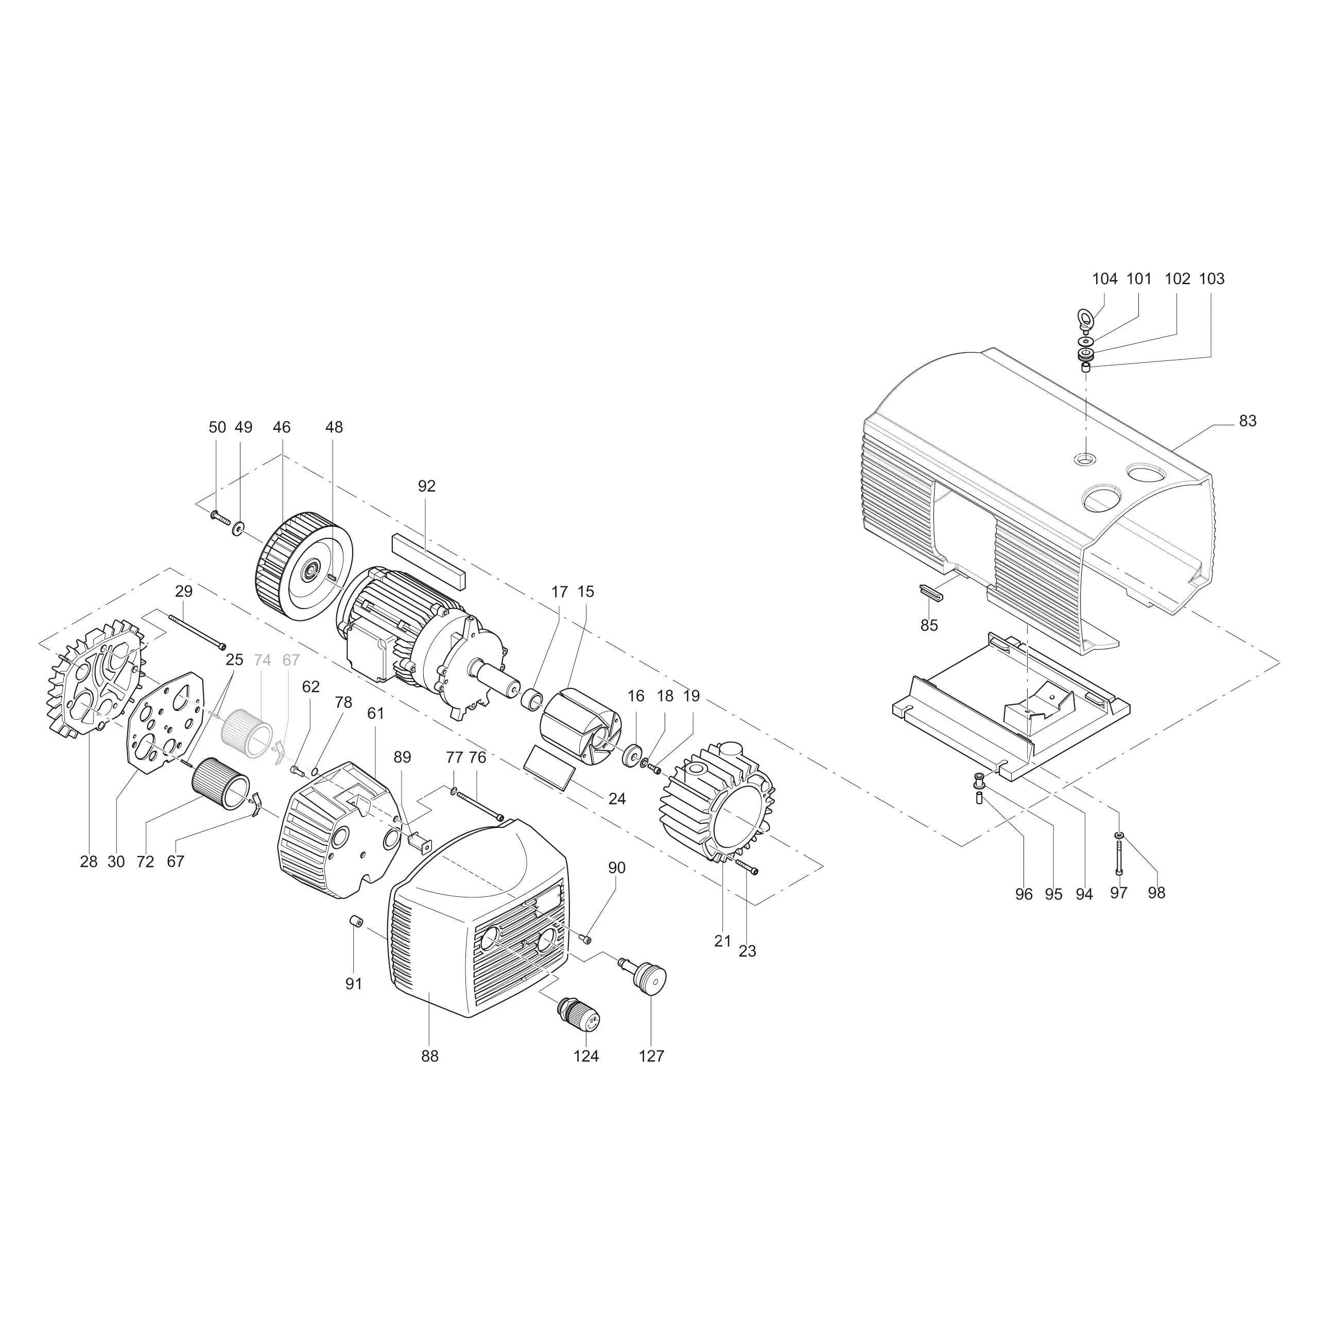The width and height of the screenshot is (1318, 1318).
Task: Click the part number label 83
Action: pos(1247,422)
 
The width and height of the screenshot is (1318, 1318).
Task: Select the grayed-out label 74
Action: pos(262,661)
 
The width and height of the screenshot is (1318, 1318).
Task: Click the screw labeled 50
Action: pos(220,516)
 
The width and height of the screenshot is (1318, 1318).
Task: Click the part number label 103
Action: pos(1211,279)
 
